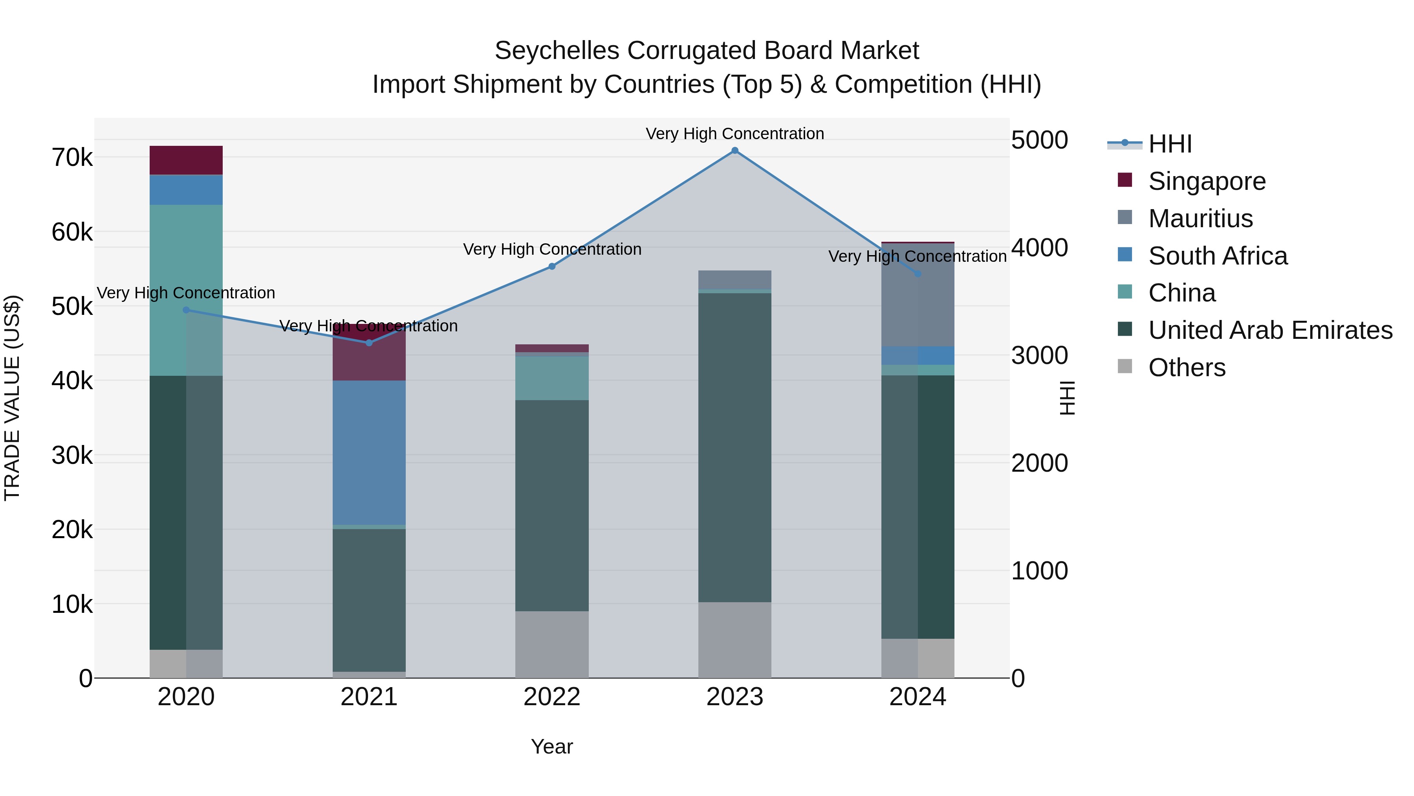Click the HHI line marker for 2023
click(734, 151)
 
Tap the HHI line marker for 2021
click(369, 343)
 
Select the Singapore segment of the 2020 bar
click(186, 160)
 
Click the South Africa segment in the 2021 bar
click(369, 453)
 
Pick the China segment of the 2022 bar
click(552, 378)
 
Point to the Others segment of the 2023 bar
click(734, 640)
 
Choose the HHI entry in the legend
click(1170, 144)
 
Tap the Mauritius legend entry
click(1200, 218)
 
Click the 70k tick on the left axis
click(72, 158)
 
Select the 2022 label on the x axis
click(552, 697)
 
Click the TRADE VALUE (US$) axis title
click(13, 398)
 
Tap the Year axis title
click(552, 746)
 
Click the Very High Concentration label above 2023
click(734, 134)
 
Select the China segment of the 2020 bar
click(186, 290)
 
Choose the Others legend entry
click(1186, 368)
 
